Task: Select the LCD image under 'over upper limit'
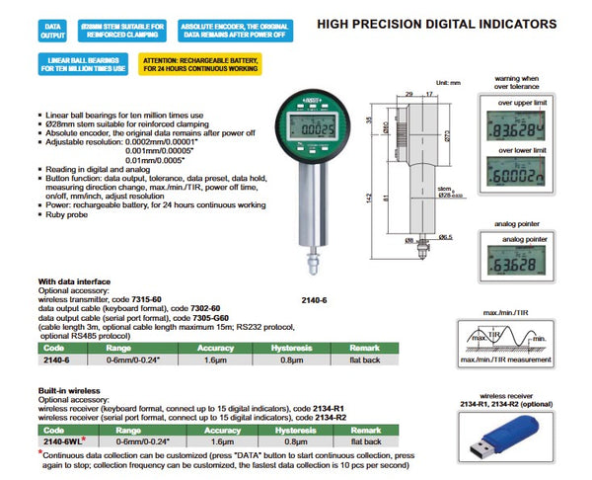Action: [521, 128]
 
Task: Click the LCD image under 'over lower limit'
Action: [521, 180]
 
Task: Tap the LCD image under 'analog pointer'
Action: [521, 265]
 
